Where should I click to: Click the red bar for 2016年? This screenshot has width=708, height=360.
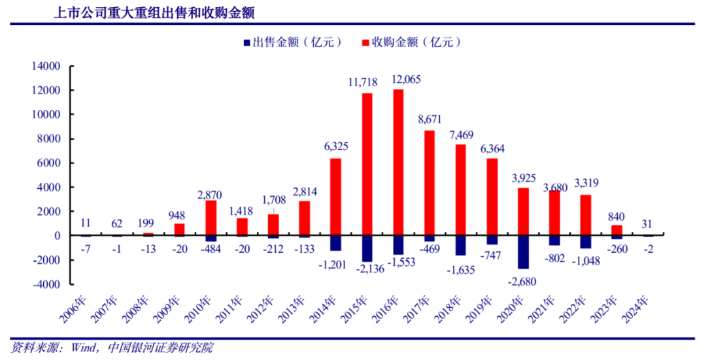tap(398, 162)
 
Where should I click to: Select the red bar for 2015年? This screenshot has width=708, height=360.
tap(367, 164)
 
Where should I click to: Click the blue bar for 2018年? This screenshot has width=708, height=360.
tap(461, 245)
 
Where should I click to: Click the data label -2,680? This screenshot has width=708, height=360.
tap(522, 280)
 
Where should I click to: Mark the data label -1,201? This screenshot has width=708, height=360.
tap(333, 267)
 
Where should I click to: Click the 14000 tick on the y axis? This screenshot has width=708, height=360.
tap(48, 66)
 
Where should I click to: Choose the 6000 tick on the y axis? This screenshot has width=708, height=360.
tap(51, 163)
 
